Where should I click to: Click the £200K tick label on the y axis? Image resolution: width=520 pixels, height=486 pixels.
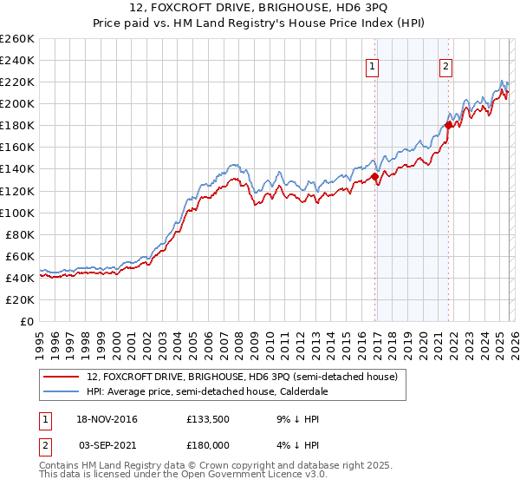point(17,103)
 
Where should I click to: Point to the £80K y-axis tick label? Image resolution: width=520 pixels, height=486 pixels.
point(20,234)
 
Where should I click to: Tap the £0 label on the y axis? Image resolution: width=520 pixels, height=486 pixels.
point(28,321)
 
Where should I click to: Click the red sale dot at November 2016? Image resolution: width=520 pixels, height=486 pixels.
point(375,176)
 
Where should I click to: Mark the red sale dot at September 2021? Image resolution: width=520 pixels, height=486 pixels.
point(448,125)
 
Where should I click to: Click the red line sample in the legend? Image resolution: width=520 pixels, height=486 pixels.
point(62,377)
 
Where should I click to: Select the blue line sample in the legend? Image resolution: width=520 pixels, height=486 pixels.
point(62,391)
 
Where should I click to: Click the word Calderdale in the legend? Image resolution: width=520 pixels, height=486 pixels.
point(322,391)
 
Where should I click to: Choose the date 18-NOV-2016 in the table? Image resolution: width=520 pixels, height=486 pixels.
point(107,419)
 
